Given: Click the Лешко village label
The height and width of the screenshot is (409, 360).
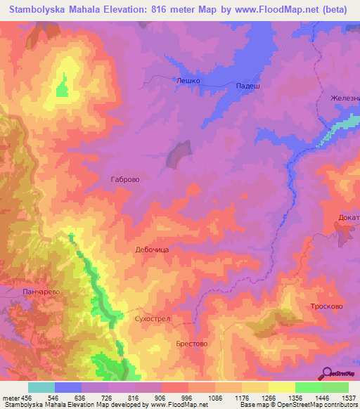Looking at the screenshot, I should click(188, 81).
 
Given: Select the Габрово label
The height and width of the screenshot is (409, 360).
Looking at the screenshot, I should click(125, 179).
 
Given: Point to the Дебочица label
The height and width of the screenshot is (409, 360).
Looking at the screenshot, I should click(150, 249).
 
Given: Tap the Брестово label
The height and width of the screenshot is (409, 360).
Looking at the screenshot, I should click(191, 344).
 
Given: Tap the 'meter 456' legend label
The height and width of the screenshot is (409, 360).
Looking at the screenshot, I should click(16, 397).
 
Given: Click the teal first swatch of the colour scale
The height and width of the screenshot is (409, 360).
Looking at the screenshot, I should click(41, 387).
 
